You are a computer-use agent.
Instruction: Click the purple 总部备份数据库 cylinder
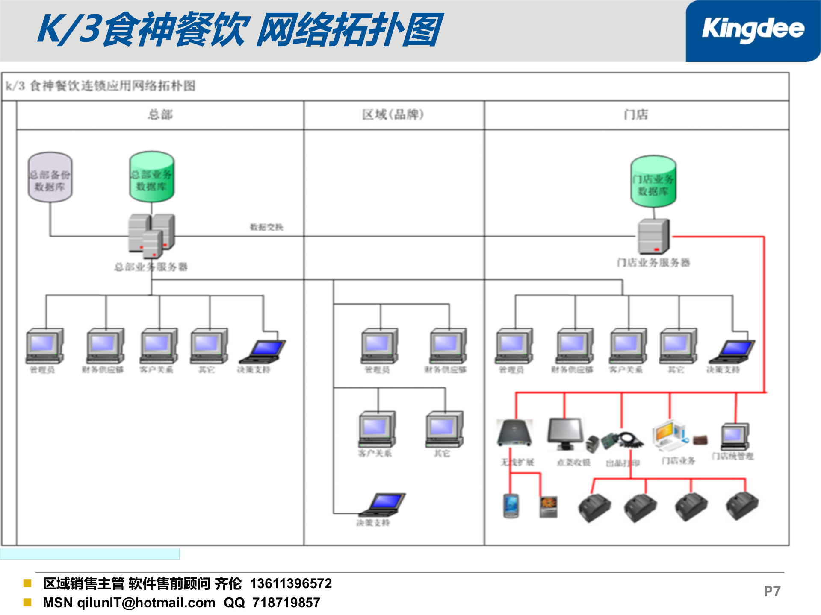pyautogui.click(x=50, y=177)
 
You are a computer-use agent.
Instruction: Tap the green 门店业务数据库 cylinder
pyautogui.click(x=653, y=182)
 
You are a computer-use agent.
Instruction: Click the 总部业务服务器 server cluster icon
pyautogui.click(x=151, y=235)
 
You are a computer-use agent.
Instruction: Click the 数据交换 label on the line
pyautogui.click(x=266, y=227)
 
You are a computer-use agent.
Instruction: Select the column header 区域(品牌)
pyautogui.click(x=393, y=114)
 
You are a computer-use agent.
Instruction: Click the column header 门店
pyautogui.click(x=636, y=114)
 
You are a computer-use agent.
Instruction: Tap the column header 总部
pyautogui.click(x=160, y=114)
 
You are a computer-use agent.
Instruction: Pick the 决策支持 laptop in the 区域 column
pyautogui.click(x=383, y=504)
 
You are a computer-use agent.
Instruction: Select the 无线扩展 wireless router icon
pyautogui.click(x=515, y=433)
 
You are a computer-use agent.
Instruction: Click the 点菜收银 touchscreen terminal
pyautogui.click(x=566, y=434)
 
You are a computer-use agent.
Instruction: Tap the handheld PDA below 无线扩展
pyautogui.click(x=511, y=506)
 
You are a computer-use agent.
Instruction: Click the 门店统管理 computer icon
pyautogui.click(x=735, y=436)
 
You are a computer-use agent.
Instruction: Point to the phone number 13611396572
pyautogui.click(x=291, y=583)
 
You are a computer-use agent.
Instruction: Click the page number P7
pyautogui.click(x=772, y=591)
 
